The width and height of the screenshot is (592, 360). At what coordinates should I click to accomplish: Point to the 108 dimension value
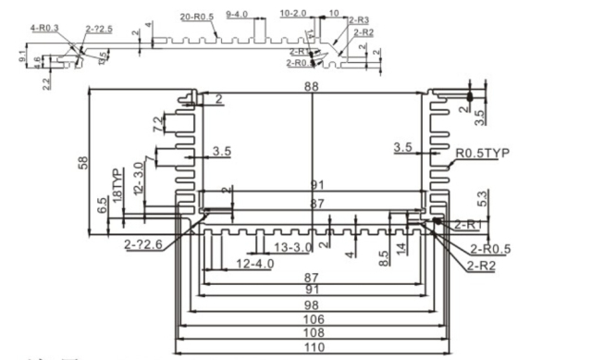[x=314, y=331]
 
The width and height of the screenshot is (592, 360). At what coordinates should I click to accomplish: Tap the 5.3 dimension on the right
[x=481, y=197]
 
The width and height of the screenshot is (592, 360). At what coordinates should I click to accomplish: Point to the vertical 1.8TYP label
[x=117, y=186]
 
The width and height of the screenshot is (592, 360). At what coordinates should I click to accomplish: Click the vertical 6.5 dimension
[x=102, y=205]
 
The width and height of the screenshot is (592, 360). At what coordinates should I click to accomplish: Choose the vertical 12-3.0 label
[x=138, y=177]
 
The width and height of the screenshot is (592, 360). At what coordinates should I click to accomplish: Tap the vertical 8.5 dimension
[x=383, y=255]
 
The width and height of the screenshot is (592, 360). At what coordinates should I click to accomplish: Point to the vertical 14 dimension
[x=400, y=248]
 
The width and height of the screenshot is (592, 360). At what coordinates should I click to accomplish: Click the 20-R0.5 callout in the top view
[x=197, y=17]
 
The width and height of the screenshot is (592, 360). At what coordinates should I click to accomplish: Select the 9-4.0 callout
[x=237, y=16]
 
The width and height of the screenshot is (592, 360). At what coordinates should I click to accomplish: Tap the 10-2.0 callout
[x=293, y=14]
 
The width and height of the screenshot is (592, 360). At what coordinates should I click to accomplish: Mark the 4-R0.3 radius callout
[x=43, y=29]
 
